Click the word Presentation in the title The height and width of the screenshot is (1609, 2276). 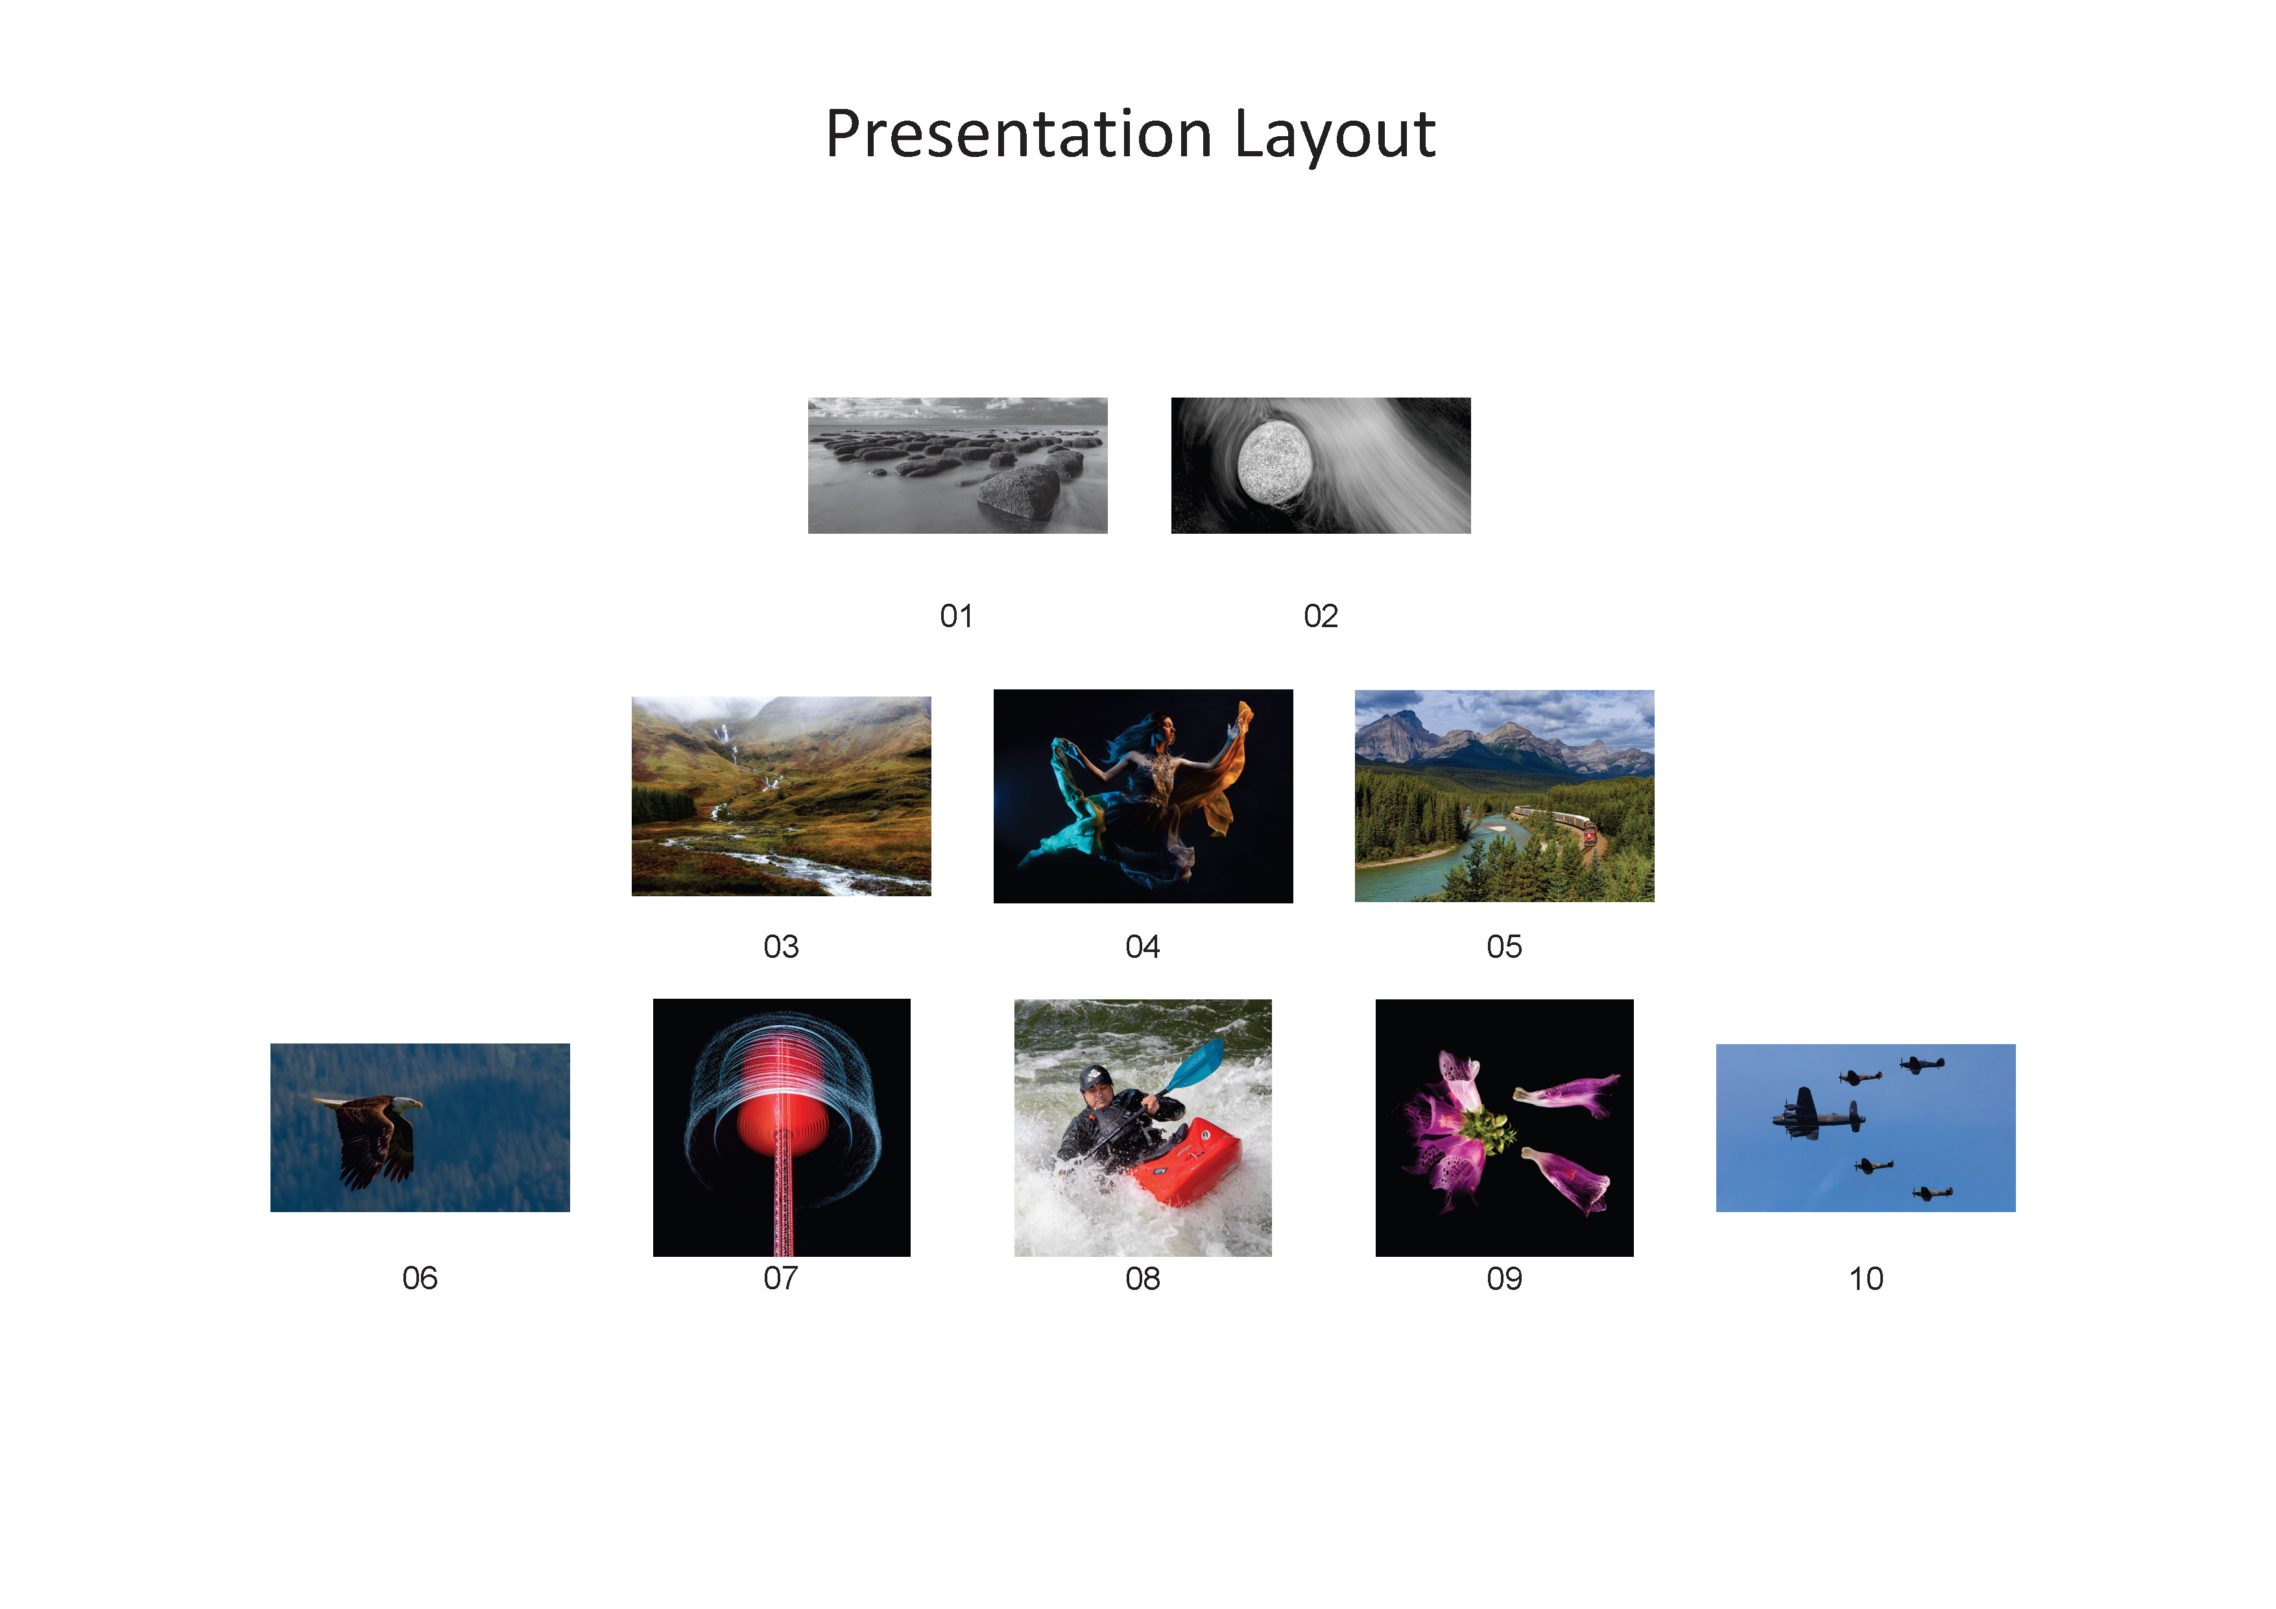click(1018, 135)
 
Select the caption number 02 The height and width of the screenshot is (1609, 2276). click(1321, 617)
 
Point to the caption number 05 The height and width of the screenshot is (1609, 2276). click(1503, 947)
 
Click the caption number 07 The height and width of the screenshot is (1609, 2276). click(780, 1278)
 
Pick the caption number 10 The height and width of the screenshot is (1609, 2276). click(1865, 1279)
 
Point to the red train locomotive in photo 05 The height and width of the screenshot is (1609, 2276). click(1590, 834)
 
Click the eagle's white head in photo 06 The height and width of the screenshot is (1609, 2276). click(405, 1102)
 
